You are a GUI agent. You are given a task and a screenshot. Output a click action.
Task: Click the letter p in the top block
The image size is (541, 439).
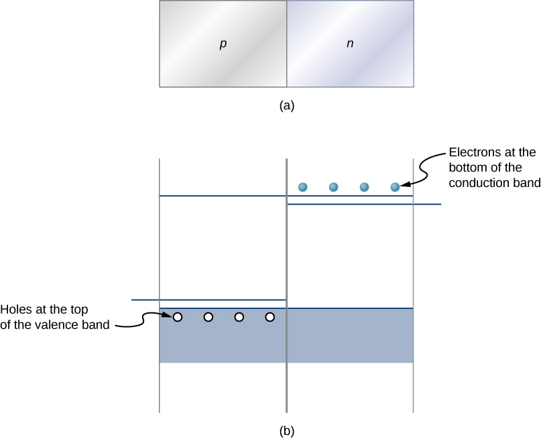point(223,44)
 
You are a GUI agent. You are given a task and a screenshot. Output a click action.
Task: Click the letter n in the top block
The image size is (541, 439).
point(349,44)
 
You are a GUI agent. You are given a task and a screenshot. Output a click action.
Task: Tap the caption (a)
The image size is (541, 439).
point(286,105)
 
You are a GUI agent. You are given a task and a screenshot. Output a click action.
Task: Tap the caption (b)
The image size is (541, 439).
point(286,430)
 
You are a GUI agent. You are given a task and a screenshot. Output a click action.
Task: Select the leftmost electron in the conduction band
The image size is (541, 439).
point(302,187)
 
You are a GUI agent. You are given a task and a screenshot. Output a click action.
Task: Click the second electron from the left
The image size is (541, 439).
point(333,187)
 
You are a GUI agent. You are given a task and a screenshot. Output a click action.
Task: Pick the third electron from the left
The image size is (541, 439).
point(364,187)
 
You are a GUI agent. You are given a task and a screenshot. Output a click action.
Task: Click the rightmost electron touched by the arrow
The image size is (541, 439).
point(395,187)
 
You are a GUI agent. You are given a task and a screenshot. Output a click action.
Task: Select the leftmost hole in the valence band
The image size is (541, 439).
point(178,317)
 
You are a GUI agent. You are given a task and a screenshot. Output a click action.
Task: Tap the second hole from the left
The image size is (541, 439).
point(208,317)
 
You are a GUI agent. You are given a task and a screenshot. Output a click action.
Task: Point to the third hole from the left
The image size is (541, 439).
point(239,317)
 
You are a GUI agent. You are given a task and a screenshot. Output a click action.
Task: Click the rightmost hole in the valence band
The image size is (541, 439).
point(269,317)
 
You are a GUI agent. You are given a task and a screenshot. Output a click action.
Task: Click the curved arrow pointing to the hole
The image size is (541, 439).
point(144,320)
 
